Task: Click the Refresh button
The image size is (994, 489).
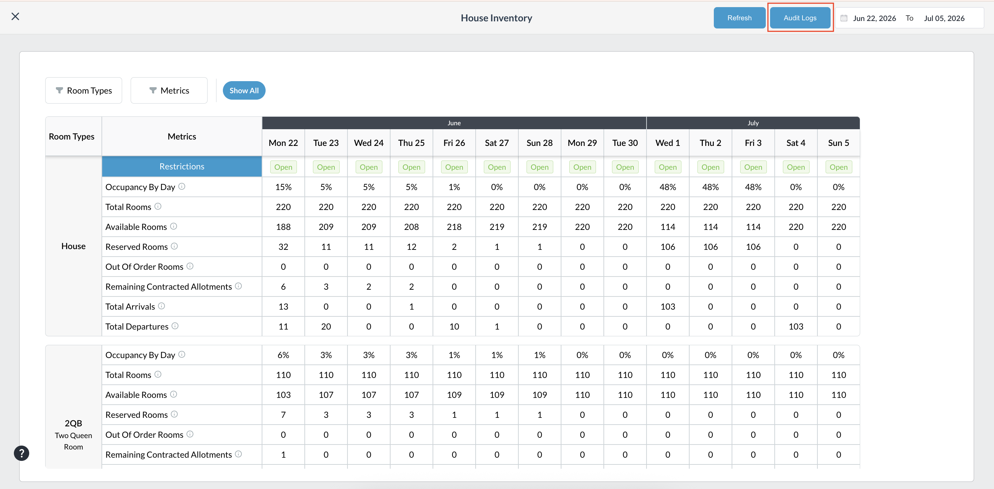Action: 739,18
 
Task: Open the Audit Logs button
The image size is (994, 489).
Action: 800,18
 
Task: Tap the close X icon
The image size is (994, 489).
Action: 15,16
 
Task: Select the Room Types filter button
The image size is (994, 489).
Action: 84,90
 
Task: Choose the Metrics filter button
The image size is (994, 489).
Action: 169,90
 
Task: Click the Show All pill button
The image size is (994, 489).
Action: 244,90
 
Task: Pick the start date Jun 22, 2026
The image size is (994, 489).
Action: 874,18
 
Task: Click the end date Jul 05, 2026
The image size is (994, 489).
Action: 944,18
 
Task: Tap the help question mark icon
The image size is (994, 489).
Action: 22,453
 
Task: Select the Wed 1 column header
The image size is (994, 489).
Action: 668,143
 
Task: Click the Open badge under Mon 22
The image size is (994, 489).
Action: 283,167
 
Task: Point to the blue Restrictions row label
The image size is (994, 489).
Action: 182,166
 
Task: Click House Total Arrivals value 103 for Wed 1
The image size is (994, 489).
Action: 668,306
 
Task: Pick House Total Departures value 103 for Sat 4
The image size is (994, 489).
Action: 796,327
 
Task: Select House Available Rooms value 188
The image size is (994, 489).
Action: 283,227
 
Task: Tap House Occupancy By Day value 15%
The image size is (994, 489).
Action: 283,187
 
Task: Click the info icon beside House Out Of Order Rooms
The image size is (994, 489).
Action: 190,266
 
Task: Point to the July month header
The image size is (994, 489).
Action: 753,123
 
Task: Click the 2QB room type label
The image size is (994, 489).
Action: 73,423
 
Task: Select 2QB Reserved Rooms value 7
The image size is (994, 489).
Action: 283,415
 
